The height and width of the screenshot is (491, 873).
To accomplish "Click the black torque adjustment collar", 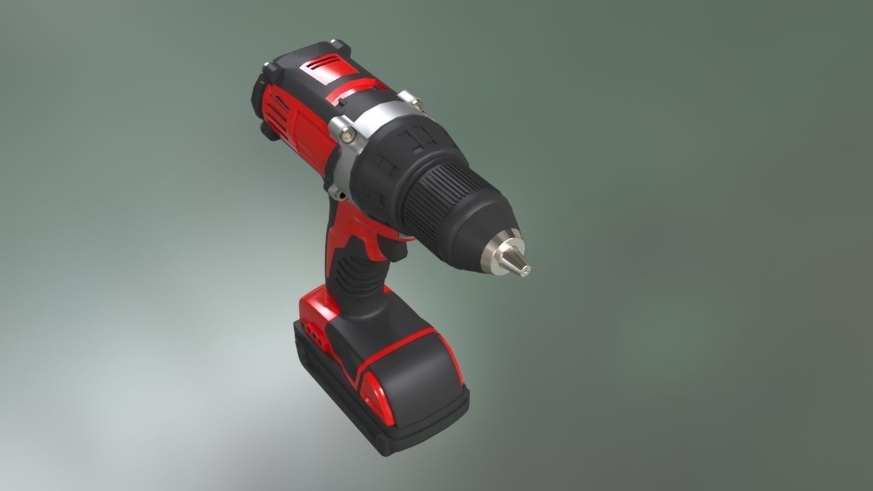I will point(396,157).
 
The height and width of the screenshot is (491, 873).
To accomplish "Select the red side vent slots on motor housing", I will point(273,109).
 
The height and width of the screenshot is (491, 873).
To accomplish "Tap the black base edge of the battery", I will point(409,436).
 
